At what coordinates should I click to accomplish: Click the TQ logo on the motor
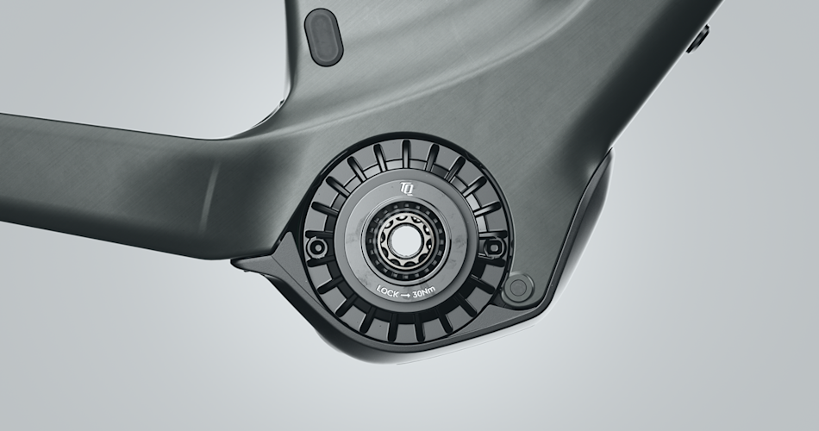(406, 188)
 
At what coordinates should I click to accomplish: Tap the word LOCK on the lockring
(388, 291)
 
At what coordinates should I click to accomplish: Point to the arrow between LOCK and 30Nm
(406, 295)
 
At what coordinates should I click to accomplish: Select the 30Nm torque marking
(423, 292)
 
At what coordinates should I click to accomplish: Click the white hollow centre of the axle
(404, 240)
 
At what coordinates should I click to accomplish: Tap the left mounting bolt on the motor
(316, 247)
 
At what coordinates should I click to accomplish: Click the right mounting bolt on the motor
(493, 247)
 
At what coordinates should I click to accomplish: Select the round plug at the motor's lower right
(517, 288)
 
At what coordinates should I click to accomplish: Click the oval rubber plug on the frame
(323, 37)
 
